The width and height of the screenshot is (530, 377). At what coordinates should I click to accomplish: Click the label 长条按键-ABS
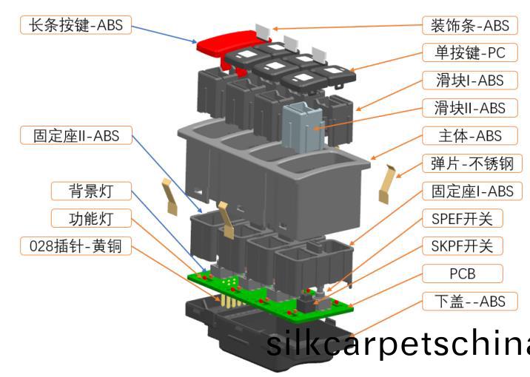coord(72,25)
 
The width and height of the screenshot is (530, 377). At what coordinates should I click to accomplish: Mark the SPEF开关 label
coord(466,219)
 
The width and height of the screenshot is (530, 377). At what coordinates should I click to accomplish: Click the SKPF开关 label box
coord(466,246)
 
